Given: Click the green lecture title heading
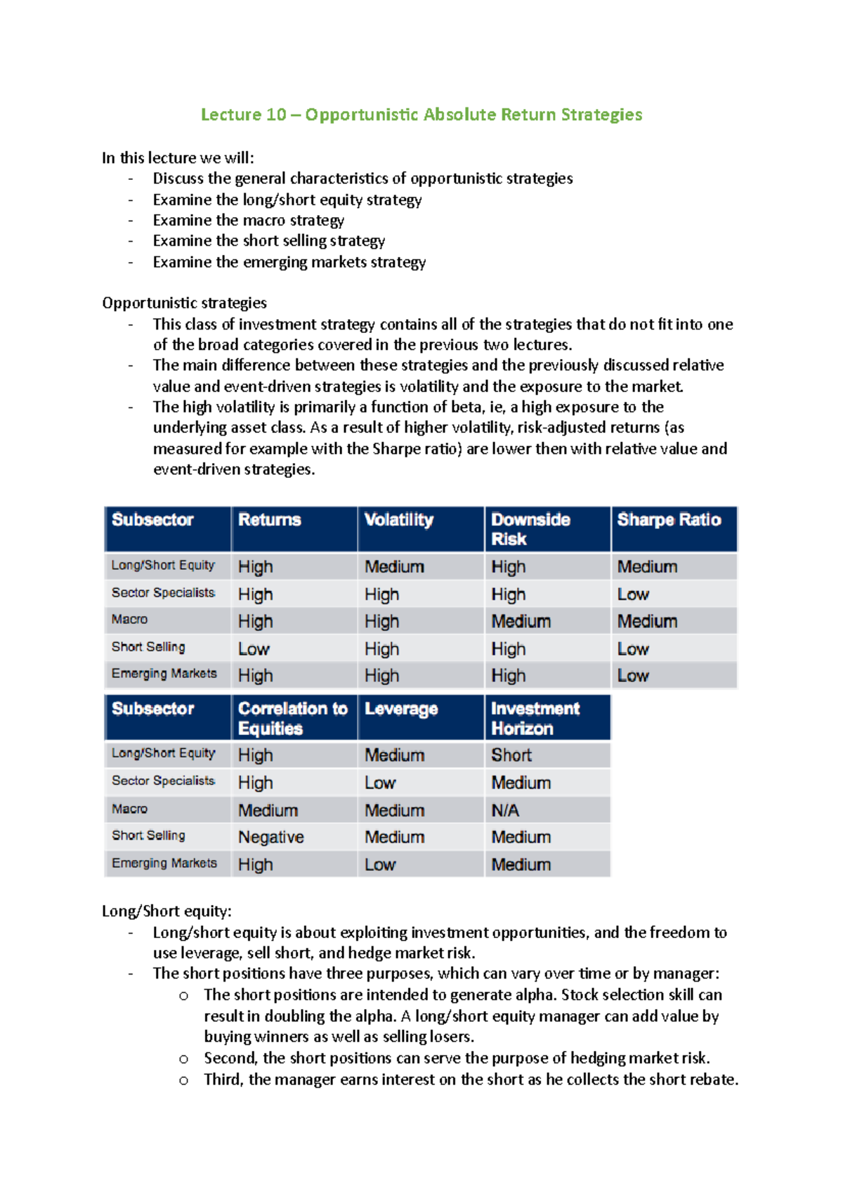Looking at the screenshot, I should [421, 115].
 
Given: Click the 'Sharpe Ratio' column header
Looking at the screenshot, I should [669, 520].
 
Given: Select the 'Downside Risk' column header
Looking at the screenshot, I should [530, 529].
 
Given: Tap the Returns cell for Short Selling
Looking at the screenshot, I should [254, 649].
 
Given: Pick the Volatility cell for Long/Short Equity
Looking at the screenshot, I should [394, 567].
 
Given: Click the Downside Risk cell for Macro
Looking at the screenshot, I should [521, 622].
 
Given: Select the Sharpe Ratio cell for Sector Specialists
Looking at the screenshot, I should [633, 594].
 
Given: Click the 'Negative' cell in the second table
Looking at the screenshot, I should [271, 837].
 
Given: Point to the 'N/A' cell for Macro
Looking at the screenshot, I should [505, 811].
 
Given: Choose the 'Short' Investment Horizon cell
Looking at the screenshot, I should [511, 755].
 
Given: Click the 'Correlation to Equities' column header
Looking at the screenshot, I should [292, 718].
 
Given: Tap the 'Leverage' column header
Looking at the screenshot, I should [401, 710].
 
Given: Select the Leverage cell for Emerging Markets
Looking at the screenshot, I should [380, 865].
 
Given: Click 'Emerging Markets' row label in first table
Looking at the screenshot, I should [164, 674].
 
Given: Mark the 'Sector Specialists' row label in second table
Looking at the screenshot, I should [163, 781].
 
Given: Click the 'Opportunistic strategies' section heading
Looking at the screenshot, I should [184, 303].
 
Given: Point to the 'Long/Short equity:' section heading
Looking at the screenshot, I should [166, 911].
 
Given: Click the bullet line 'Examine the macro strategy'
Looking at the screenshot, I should [249, 221].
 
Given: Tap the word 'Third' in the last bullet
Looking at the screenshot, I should [223, 1079].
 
